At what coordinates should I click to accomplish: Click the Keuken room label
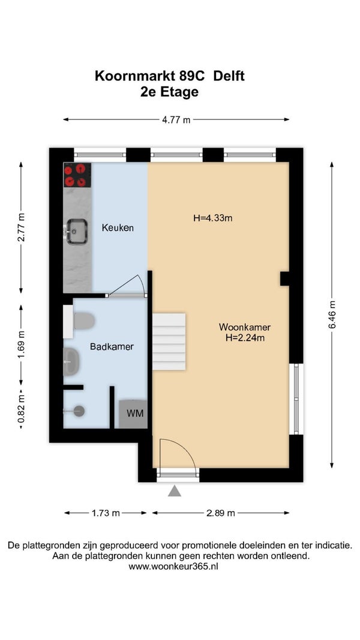tap(118, 228)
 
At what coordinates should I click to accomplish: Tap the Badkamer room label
tap(112, 347)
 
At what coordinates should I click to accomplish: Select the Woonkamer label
tap(245, 327)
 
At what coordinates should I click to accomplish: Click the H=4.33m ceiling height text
tap(212, 218)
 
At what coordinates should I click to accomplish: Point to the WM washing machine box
tap(133, 413)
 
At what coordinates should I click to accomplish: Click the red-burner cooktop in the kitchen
tap(77, 175)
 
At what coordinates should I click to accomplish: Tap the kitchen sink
tap(77, 232)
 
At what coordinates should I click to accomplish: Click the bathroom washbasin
tap(71, 362)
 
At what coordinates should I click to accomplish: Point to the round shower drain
tap(79, 411)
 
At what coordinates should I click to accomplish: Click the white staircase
tap(169, 342)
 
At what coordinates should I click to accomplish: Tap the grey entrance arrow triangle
tap(175, 491)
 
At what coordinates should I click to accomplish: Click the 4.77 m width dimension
tap(176, 120)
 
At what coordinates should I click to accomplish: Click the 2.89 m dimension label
tap(221, 513)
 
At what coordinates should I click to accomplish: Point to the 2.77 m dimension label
tap(21, 227)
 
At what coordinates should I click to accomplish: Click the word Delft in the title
tap(229, 76)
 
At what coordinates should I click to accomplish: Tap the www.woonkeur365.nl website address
tap(173, 567)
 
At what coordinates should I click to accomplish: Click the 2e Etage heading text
tap(169, 92)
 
